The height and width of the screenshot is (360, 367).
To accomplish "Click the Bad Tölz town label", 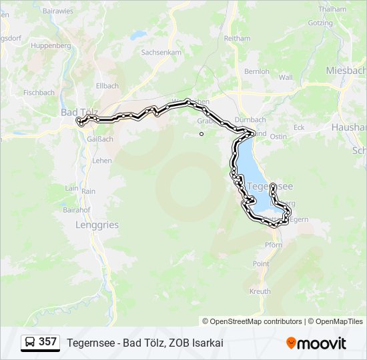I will tap(79, 111).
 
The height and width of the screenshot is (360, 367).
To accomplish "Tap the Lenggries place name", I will tap(97, 225).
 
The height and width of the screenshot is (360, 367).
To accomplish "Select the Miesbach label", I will tap(346, 70).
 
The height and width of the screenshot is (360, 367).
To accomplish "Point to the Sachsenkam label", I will tap(161, 51).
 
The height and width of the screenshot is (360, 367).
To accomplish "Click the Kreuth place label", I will tap(260, 291).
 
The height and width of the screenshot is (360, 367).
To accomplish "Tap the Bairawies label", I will tap(58, 11).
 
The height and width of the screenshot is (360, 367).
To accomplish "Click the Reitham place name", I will tap(237, 39).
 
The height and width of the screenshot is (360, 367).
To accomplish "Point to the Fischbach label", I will tap(39, 93).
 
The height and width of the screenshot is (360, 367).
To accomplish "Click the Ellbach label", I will tap(107, 86).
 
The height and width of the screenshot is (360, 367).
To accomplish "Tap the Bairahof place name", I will tap(76, 209).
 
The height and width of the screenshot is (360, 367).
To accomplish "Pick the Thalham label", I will tap(332, 9).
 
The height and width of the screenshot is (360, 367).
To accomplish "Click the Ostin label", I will tap(278, 137).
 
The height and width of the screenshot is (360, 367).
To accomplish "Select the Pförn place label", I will tap(274, 245).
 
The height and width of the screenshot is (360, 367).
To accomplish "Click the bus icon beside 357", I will tap(30, 343).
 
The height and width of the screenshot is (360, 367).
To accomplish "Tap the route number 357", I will tap(47, 342).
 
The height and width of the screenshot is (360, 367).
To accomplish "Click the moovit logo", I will tap(316, 343).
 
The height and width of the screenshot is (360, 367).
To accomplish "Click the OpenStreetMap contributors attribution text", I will tap(256, 321).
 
